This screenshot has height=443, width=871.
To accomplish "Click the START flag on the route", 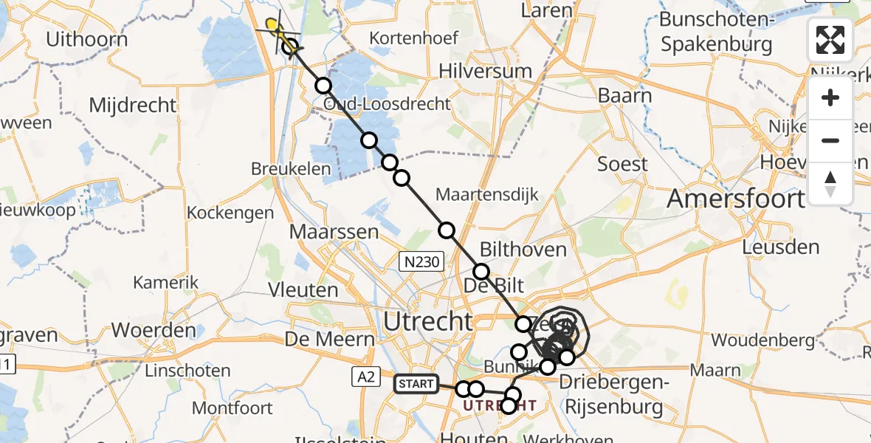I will (x=416, y=384).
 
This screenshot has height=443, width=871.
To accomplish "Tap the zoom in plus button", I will (x=830, y=98).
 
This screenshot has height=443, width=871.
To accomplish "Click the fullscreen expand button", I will (x=830, y=40).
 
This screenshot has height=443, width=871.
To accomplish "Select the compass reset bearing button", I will (x=830, y=183).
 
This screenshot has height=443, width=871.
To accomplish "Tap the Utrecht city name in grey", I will (x=428, y=321).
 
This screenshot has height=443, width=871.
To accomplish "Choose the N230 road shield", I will (x=421, y=261).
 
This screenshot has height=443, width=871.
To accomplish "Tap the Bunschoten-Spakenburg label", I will (x=716, y=32).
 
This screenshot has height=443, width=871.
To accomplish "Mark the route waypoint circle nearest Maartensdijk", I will (x=446, y=230).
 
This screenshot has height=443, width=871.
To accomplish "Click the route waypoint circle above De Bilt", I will (x=481, y=271).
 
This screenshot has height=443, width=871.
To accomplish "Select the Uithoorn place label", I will (x=86, y=39).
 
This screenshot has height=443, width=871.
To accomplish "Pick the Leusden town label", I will (x=782, y=247).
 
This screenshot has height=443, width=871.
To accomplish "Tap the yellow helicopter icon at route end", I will (x=273, y=28).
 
